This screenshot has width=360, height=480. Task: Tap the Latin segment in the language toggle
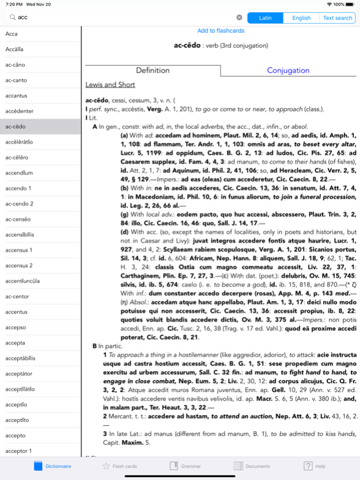(x=266, y=18)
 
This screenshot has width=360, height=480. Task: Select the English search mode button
(x=301, y=18)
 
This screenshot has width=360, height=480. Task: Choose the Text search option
(x=338, y=18)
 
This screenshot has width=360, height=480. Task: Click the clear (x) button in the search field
(x=239, y=18)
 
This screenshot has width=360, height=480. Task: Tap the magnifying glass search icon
(x=10, y=18)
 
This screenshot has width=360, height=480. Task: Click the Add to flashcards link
(x=221, y=31)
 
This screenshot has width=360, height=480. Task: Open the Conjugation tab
(x=288, y=70)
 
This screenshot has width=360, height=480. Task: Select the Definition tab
(x=153, y=70)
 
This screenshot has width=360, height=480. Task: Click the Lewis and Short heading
(x=110, y=85)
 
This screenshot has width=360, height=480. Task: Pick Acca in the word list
(x=12, y=34)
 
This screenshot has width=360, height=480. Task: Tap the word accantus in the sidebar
(x=16, y=96)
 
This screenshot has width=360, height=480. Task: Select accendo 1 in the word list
(x=18, y=188)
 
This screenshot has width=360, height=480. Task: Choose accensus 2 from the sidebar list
(x=19, y=265)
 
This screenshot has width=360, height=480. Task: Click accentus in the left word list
(x=16, y=312)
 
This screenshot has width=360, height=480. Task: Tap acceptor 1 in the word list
(x=18, y=451)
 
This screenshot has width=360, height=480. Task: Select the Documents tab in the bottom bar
(x=251, y=466)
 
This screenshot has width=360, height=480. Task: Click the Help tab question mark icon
(x=308, y=466)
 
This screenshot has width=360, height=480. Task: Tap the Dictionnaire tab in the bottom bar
(x=52, y=466)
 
